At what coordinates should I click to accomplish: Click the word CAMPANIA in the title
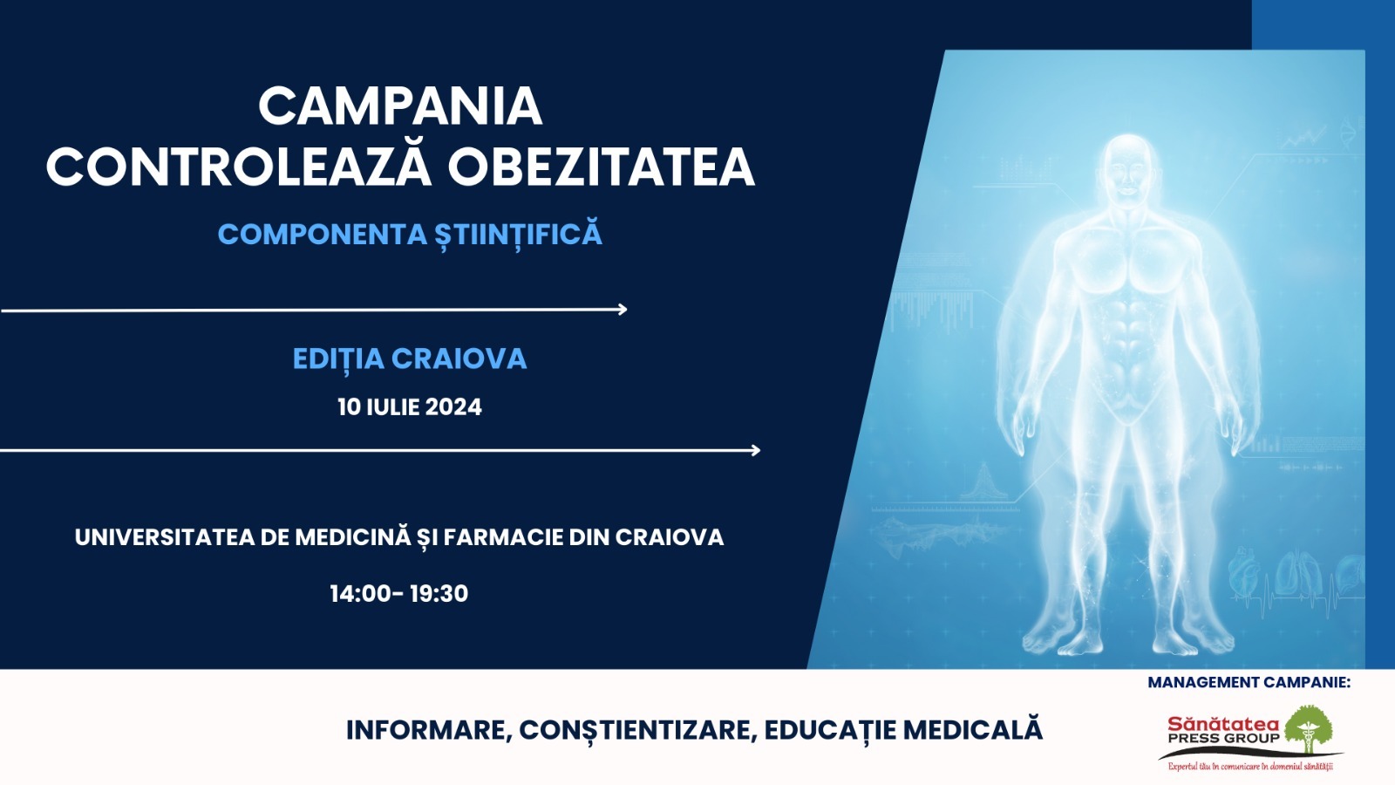pyautogui.click(x=400, y=106)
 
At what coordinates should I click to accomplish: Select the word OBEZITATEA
pyautogui.click(x=601, y=167)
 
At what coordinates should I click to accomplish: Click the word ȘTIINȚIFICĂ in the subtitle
pyautogui.click(x=518, y=235)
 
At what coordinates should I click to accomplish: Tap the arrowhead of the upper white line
pyautogui.click(x=623, y=309)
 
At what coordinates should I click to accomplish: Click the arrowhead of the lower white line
pyautogui.click(x=756, y=450)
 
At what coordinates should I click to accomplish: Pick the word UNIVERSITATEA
pyautogui.click(x=165, y=537)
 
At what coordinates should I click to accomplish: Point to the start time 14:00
pyautogui.click(x=360, y=594)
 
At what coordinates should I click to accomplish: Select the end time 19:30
pyautogui.click(x=439, y=594)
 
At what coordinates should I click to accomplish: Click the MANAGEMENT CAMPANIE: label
pyautogui.click(x=1249, y=682)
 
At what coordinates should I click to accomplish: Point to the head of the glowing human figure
pyautogui.click(x=1128, y=170)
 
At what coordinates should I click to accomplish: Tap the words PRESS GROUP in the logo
pyautogui.click(x=1223, y=738)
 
